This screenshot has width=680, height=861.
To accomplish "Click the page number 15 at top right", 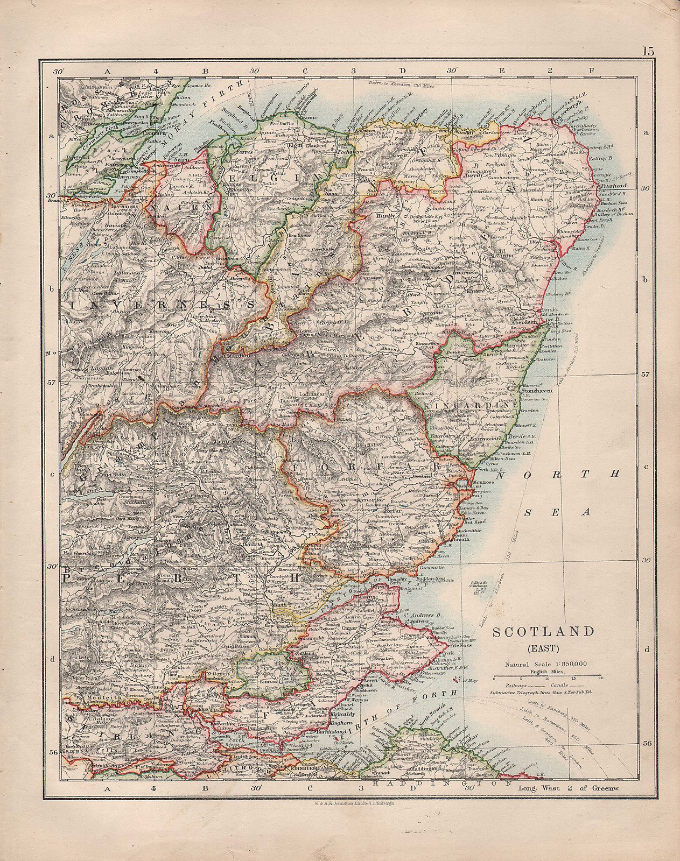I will tap(647, 52).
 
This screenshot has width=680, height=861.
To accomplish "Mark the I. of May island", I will tap(459, 680).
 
